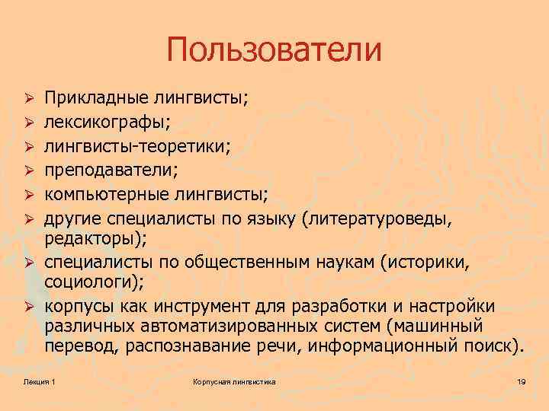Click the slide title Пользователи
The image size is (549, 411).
pos(274,51)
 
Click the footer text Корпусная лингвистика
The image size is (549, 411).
pos(234,381)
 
